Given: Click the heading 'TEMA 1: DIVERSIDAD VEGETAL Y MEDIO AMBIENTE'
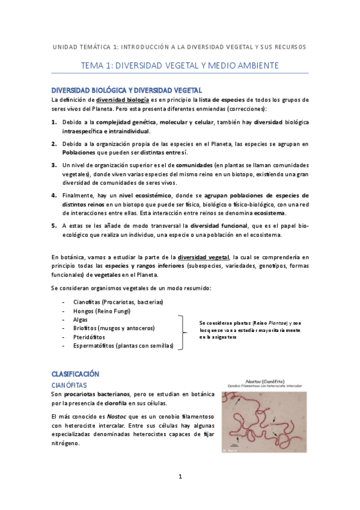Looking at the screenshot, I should [x=180, y=65].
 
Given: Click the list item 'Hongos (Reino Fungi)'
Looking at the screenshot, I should [x=102, y=311].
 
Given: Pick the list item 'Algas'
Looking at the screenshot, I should [x=80, y=319].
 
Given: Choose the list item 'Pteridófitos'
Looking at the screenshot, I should [x=90, y=337].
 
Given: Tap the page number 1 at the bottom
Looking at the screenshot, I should [x=180, y=477].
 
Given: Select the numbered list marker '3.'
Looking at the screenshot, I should [x=54, y=165].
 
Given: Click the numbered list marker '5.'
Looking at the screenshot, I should [x=54, y=225].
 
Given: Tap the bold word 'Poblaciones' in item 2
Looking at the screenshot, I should [x=78, y=153].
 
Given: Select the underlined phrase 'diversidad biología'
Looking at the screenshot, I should [x=122, y=99].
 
